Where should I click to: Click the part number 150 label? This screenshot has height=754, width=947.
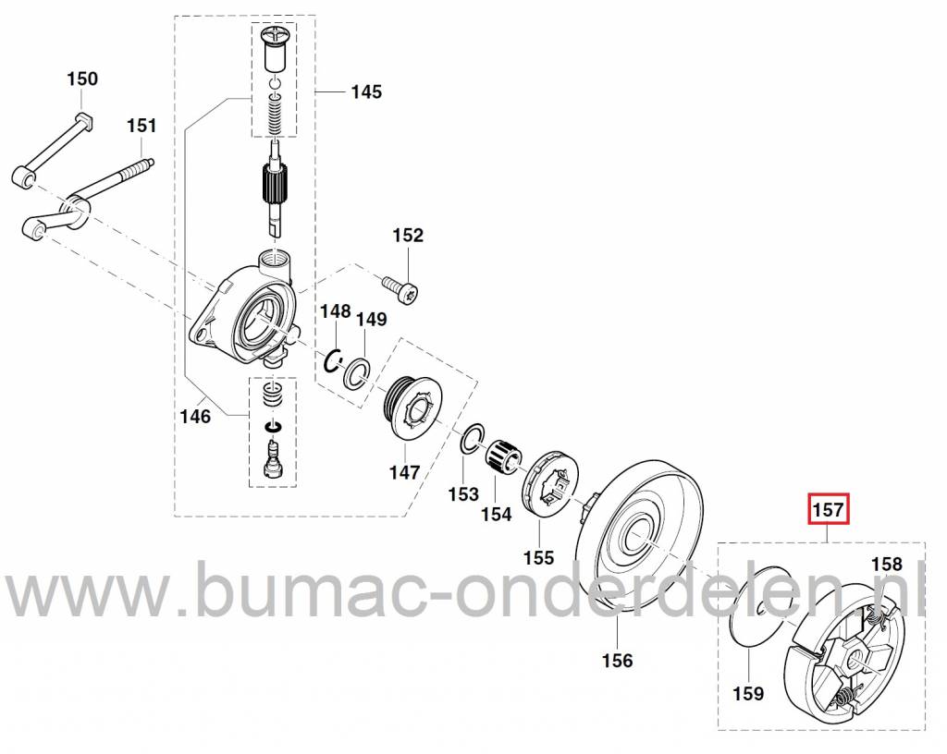pos(81,79)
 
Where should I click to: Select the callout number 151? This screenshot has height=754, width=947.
pos(141,126)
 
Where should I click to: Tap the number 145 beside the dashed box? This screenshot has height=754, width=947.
pos(365,91)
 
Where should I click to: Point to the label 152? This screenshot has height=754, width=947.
pos(408,236)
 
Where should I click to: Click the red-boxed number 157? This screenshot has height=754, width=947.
pos(829,509)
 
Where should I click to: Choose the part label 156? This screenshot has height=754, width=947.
pos(617,660)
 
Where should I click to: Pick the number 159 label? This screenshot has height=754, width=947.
pos(748,693)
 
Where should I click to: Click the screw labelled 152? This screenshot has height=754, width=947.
pos(402,290)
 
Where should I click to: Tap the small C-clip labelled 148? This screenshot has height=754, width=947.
pos(334,360)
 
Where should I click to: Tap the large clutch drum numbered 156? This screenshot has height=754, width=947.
pos(638,537)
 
